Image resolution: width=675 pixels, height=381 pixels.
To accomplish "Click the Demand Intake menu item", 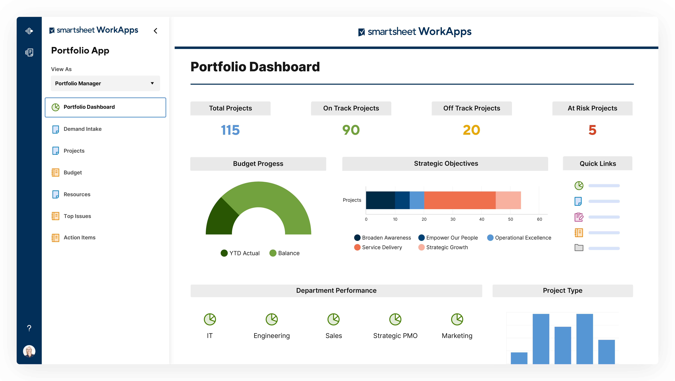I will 82,129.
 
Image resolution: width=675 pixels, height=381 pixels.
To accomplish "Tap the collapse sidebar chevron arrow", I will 156,31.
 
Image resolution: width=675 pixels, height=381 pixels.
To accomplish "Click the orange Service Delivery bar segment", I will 460,200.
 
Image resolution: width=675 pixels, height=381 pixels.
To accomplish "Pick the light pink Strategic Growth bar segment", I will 508,200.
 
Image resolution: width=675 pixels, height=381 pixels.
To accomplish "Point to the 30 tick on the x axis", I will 453,219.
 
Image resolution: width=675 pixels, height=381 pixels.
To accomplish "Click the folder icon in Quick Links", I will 579,248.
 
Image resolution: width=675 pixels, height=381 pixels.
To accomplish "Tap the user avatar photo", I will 29,351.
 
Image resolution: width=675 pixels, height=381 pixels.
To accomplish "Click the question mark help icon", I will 29,328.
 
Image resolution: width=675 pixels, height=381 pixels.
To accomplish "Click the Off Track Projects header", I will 472,108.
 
